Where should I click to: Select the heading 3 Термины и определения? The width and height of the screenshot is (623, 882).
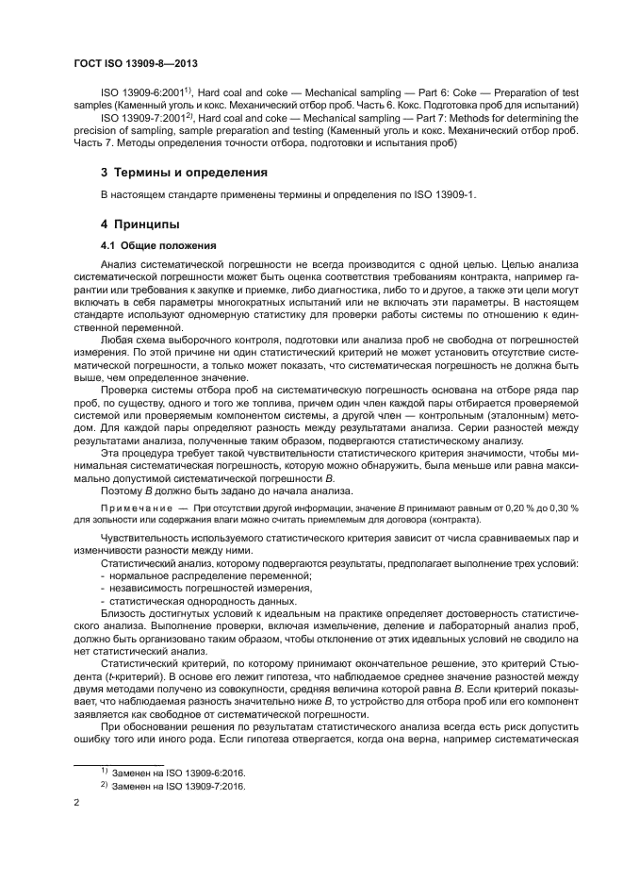pyautogui.click(x=171, y=173)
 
